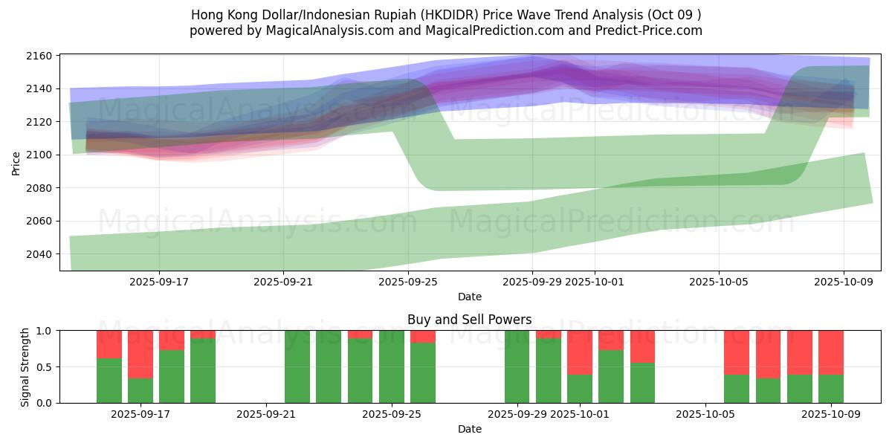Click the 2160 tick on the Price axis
pos(39,56)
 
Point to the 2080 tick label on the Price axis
pos(39,188)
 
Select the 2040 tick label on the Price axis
pos(39,254)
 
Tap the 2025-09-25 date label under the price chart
pos(408,282)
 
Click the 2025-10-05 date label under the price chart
pos(718,282)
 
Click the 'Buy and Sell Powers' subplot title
pos(469,320)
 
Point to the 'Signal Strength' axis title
pos(25,366)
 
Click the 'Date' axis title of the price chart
pos(469,297)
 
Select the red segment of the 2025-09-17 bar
pos(140,354)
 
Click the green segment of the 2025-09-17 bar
pos(140,390)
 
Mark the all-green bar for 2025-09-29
pos(517,366)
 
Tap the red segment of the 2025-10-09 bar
pos(830,352)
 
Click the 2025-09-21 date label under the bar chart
pos(266,415)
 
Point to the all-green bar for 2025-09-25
pos(392,366)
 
